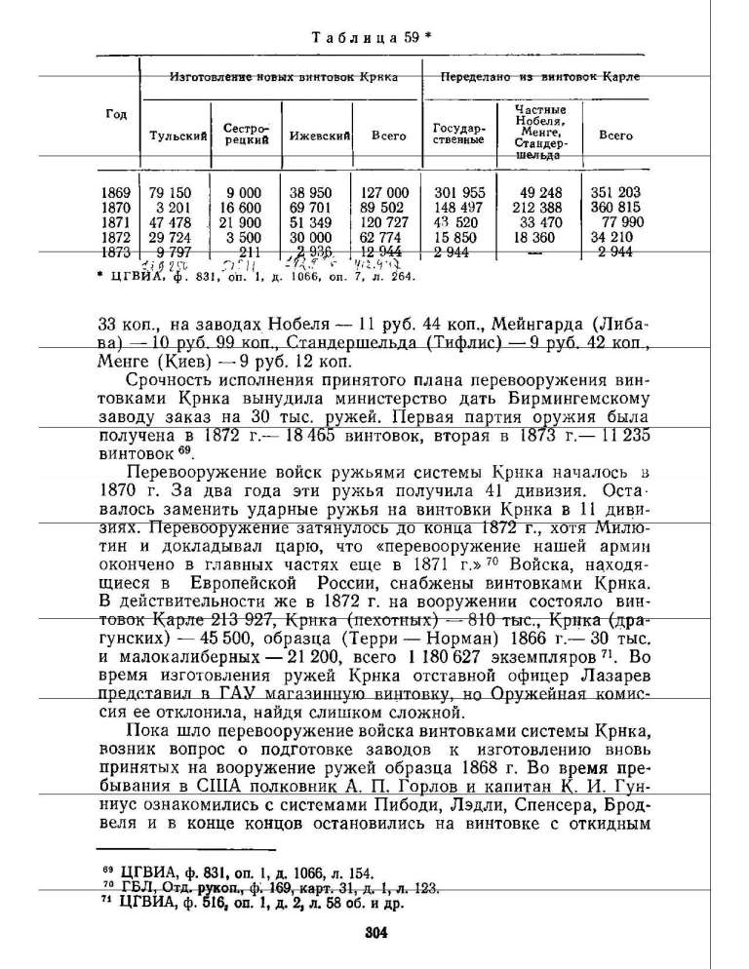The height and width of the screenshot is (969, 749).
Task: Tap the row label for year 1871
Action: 116,222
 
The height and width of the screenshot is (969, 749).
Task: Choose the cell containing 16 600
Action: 241,208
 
